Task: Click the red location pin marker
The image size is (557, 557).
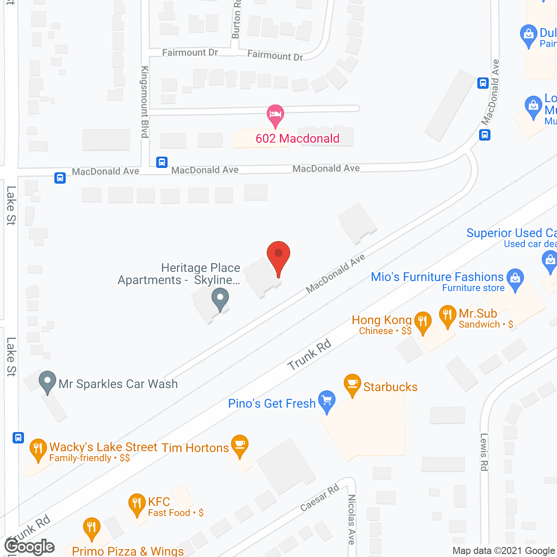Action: point(278,255)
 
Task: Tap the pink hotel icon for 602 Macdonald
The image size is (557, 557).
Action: point(275,114)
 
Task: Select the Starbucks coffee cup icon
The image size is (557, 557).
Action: point(352,384)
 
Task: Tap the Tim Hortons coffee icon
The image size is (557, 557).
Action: point(239,445)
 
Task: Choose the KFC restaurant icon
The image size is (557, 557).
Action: point(137,503)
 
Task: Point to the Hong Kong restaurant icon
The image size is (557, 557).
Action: point(423,322)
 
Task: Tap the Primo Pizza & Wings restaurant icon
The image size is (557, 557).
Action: point(91,527)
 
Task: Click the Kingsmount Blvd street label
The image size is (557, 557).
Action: point(145,102)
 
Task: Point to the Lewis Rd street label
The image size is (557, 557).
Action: point(484,452)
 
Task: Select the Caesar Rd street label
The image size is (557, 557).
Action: point(320,498)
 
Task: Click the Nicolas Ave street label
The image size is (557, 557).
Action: point(352,519)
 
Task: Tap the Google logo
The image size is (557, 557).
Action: point(30,547)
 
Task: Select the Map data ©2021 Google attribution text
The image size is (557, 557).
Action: point(504,551)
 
